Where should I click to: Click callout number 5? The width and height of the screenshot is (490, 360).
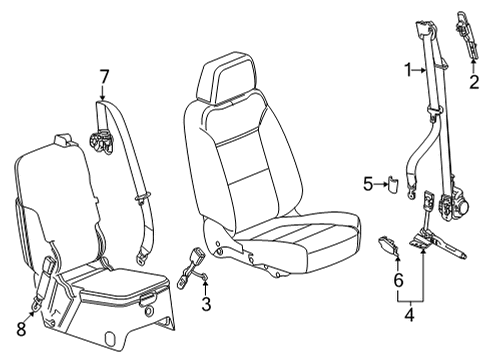pyautogui.click(x=368, y=183)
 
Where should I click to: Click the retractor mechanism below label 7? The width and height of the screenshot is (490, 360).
pyautogui.click(x=100, y=141)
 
